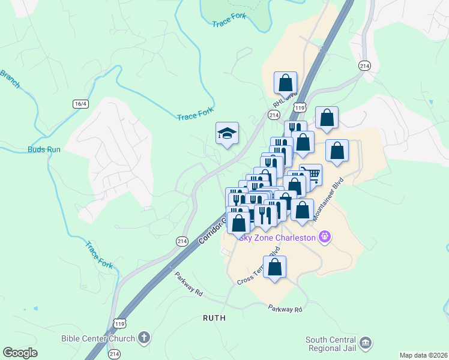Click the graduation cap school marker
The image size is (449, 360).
pyautogui.click(x=228, y=133)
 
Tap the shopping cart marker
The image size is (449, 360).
pyautogui.click(x=310, y=175)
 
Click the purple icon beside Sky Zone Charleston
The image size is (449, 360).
pyautogui.click(x=325, y=237)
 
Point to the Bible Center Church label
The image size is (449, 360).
pyautogui.click(x=98, y=338)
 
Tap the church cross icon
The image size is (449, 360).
pyautogui.click(x=143, y=338)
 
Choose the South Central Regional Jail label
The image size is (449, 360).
pyautogui.click(x=331, y=344)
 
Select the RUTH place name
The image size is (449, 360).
pyautogui.click(x=214, y=318)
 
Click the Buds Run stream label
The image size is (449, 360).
pyautogui.click(x=44, y=149)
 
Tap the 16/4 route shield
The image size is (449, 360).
pyautogui.click(x=80, y=104)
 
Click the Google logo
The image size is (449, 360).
pyautogui.click(x=20, y=352)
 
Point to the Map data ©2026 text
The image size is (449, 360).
pyautogui.click(x=423, y=355)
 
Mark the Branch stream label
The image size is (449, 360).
pyautogui.click(x=10, y=79)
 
